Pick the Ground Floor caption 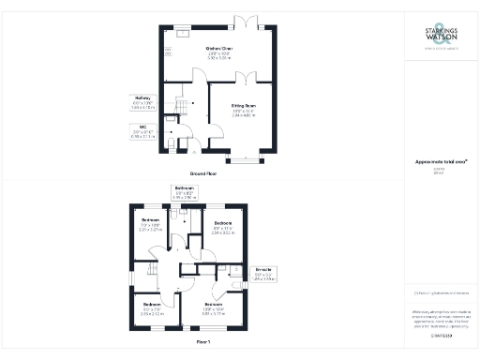tap(204, 174)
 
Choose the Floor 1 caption tap(203, 341)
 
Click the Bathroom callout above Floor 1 tap(184, 191)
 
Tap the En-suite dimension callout tap(265, 274)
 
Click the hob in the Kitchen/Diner tap(169, 51)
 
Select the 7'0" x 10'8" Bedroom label tap(150, 226)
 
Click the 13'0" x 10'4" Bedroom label tap(214, 308)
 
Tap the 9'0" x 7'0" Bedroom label tap(151, 308)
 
